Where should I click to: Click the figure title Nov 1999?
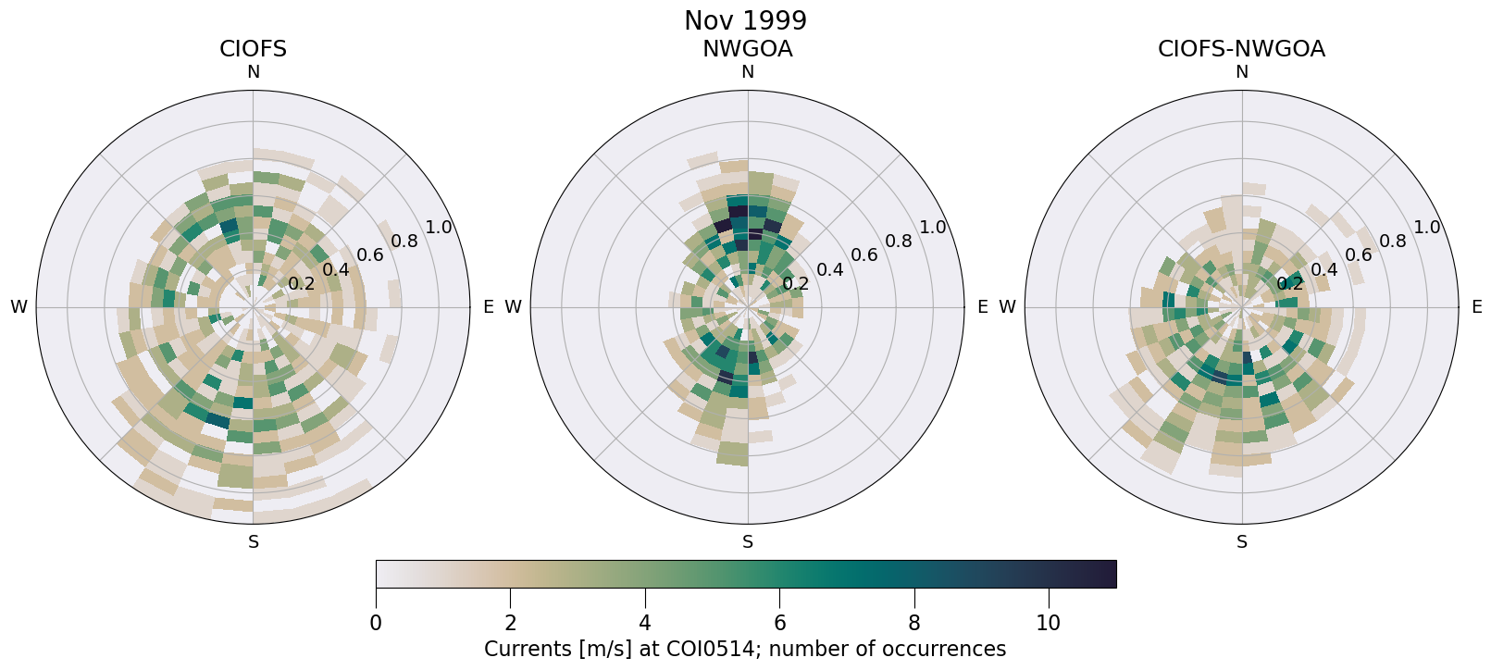coord(745,20)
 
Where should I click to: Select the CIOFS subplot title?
coord(253,49)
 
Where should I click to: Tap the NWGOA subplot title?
coord(747,49)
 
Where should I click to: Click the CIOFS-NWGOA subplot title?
coord(1241,49)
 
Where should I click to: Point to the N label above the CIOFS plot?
coord(253,72)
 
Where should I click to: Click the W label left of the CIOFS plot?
coord(19,307)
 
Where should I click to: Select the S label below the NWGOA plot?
coord(748,542)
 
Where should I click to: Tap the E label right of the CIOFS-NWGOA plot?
coord(1476,307)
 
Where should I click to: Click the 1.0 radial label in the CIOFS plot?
coord(439,228)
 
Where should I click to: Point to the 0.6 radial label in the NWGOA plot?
coord(864,254)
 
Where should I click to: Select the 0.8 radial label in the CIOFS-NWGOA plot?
coord(1393,242)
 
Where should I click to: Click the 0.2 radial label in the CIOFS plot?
coord(302,283)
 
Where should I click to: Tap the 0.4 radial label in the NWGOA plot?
coord(830,269)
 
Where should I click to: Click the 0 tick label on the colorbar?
coord(376,623)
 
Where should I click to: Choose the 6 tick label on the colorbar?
coord(779,623)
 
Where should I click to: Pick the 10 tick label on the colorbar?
coord(1048,623)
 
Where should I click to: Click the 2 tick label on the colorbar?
coord(510,623)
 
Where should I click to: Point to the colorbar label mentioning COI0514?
coord(745,649)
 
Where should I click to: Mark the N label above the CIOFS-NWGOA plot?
coord(1242,72)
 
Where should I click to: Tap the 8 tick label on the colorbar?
coord(914,623)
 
